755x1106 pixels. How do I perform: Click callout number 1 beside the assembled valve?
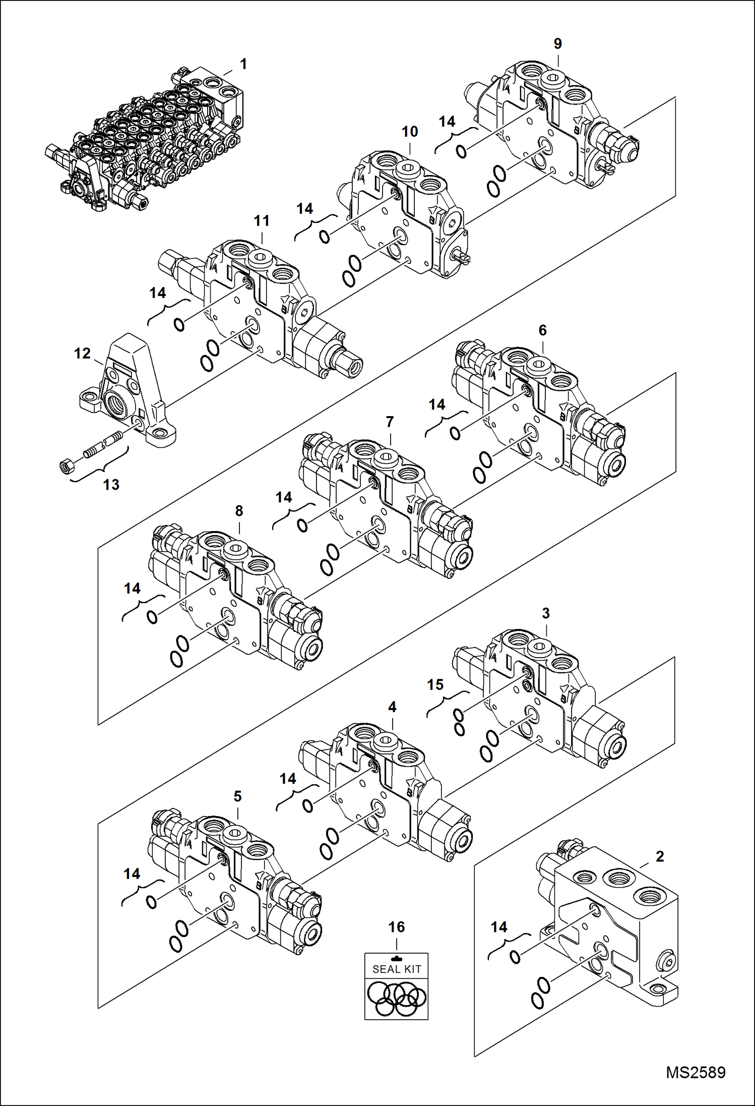click(x=243, y=64)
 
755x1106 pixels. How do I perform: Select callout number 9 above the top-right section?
click(x=557, y=44)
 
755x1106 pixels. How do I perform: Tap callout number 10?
click(x=409, y=132)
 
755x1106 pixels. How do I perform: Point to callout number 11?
click(x=262, y=221)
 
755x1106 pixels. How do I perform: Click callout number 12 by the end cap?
click(x=83, y=354)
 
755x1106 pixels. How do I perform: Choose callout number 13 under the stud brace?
click(x=111, y=485)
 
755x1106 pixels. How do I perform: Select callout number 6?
click(x=542, y=330)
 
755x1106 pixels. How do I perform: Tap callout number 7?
click(x=390, y=422)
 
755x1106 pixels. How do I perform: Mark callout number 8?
click(x=239, y=511)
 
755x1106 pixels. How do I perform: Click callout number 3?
click(x=546, y=613)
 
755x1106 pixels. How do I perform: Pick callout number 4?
click(x=392, y=707)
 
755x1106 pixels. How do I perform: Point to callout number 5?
click(x=237, y=796)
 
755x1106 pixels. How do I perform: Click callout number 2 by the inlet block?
click(x=660, y=856)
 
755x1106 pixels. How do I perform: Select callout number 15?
click(x=435, y=684)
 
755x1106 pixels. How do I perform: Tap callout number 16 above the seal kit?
click(x=397, y=927)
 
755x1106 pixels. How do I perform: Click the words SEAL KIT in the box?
click(x=397, y=969)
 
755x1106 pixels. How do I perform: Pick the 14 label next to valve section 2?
click(x=499, y=927)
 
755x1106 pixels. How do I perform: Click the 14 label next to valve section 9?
click(x=447, y=122)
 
